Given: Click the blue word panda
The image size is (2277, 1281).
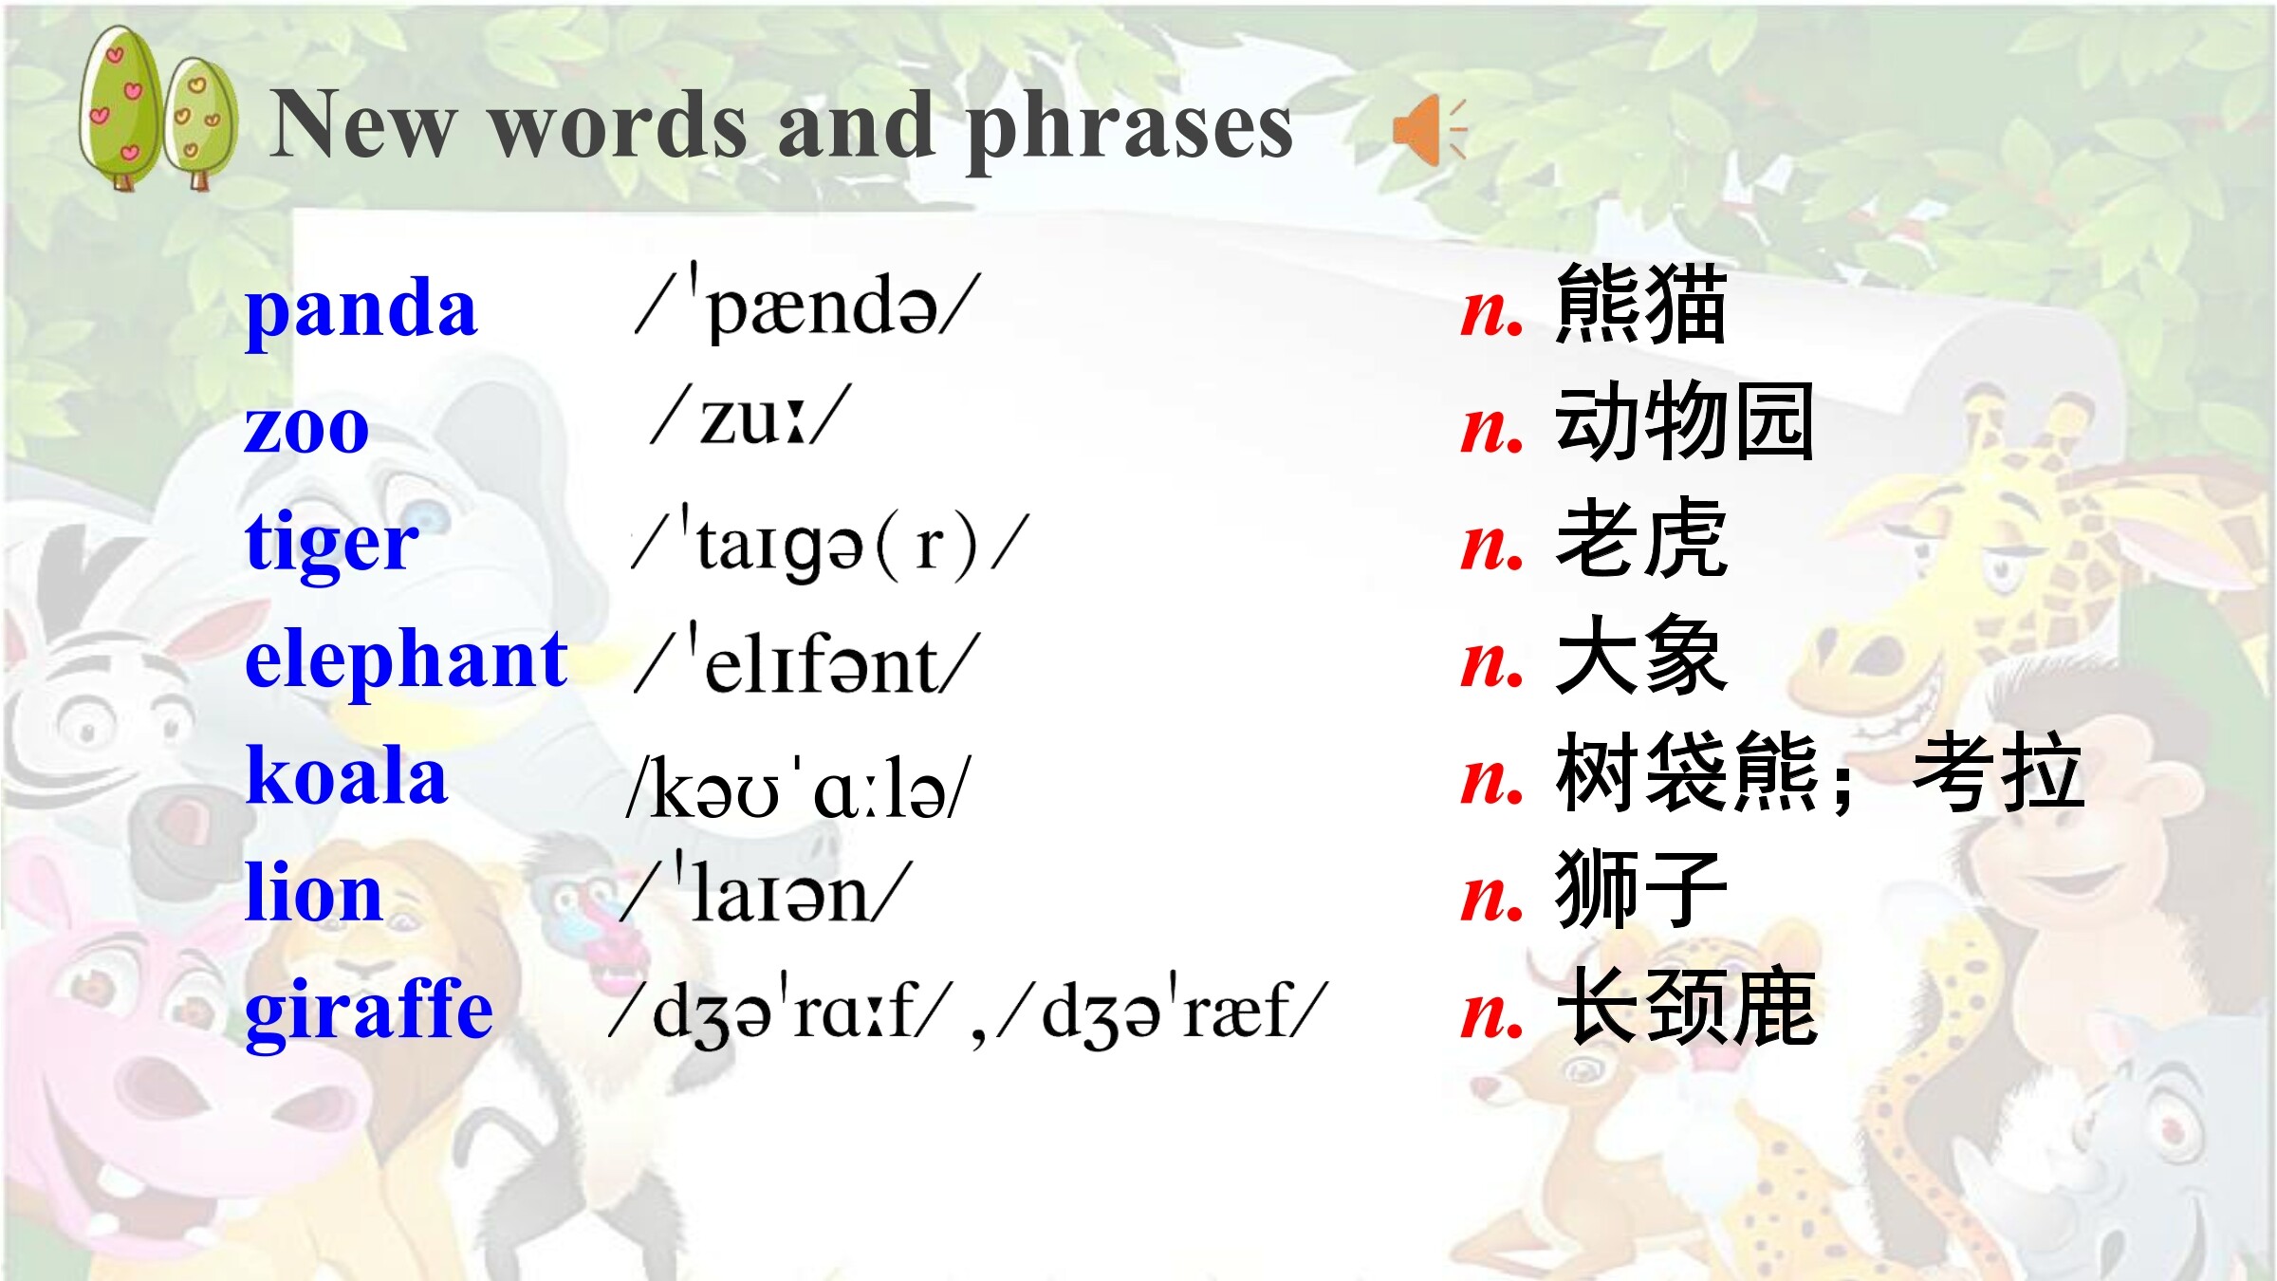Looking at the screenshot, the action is coord(361,311).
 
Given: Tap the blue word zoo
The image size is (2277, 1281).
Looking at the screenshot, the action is coord(306,429).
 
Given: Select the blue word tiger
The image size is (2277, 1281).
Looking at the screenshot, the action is coord(332,545).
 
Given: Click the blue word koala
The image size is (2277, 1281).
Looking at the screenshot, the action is coord(346,775).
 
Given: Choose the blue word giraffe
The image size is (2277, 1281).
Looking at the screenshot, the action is coord(369,1012).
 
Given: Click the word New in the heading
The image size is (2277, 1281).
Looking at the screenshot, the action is coord(363,125).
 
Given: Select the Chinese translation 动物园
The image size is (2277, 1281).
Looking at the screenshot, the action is coord(1685,421).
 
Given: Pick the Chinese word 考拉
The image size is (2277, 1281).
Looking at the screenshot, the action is coord(1998,772).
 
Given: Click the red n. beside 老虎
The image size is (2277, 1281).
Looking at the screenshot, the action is coord(1492,548).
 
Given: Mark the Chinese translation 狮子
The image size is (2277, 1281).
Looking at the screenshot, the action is coord(1641,890).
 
